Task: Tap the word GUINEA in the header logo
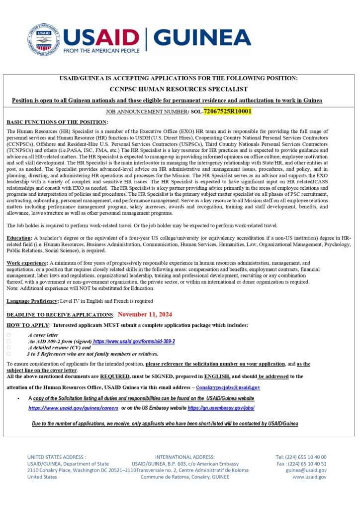tap(202, 37)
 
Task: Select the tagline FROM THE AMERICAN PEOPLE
tap(101, 51)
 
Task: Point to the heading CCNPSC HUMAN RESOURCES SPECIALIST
tap(180, 89)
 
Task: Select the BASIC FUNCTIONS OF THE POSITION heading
tap(57, 122)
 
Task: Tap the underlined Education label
tap(19, 239)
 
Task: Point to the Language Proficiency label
tap(32, 301)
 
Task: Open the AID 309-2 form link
tap(134, 342)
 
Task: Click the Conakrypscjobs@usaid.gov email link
tap(228, 387)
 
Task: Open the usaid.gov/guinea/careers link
tap(73, 407)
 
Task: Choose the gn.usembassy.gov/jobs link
tap(221, 407)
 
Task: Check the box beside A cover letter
tap(8, 336)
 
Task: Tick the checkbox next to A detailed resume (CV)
tap(8, 348)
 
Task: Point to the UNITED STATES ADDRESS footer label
tap(57, 457)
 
